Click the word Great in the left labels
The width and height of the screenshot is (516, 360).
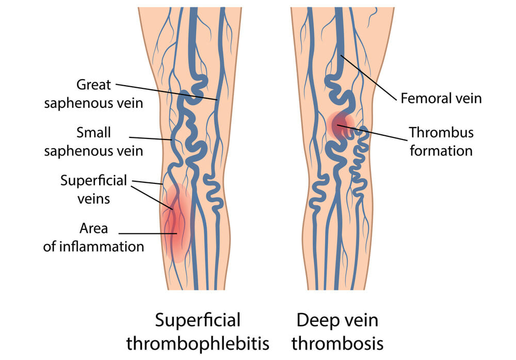[x=93, y=85]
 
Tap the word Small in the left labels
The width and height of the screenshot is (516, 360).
[x=93, y=133]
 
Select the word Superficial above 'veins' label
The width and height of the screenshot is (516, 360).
[x=93, y=181]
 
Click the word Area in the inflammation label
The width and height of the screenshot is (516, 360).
[x=93, y=229]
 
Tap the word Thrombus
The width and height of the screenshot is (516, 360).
[x=441, y=133]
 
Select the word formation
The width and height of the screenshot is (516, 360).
[x=441, y=151]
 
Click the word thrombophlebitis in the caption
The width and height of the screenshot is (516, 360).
[x=198, y=344]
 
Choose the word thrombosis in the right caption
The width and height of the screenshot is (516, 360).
[x=337, y=344]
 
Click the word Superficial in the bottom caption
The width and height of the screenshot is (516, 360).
[x=198, y=320]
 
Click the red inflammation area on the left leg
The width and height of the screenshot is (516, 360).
[x=176, y=224]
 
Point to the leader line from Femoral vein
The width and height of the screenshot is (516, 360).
[x=368, y=77]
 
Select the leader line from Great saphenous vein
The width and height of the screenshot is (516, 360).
[x=167, y=92]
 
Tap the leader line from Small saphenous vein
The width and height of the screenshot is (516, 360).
[x=150, y=138]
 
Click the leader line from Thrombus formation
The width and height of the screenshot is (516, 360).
[x=372, y=133]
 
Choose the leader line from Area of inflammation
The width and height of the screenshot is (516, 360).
[x=148, y=233]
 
